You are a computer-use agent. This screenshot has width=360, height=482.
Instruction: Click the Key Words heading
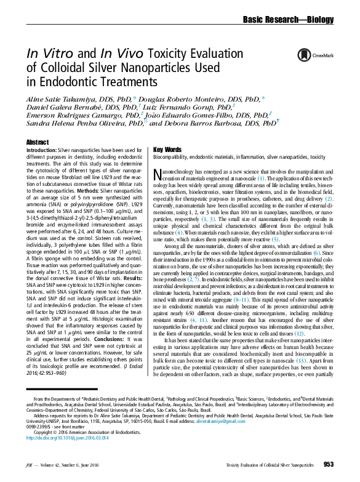tap(167, 150)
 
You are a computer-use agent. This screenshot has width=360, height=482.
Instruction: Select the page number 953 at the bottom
tap(327, 464)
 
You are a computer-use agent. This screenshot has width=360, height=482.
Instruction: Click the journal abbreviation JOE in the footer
tap(30, 465)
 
